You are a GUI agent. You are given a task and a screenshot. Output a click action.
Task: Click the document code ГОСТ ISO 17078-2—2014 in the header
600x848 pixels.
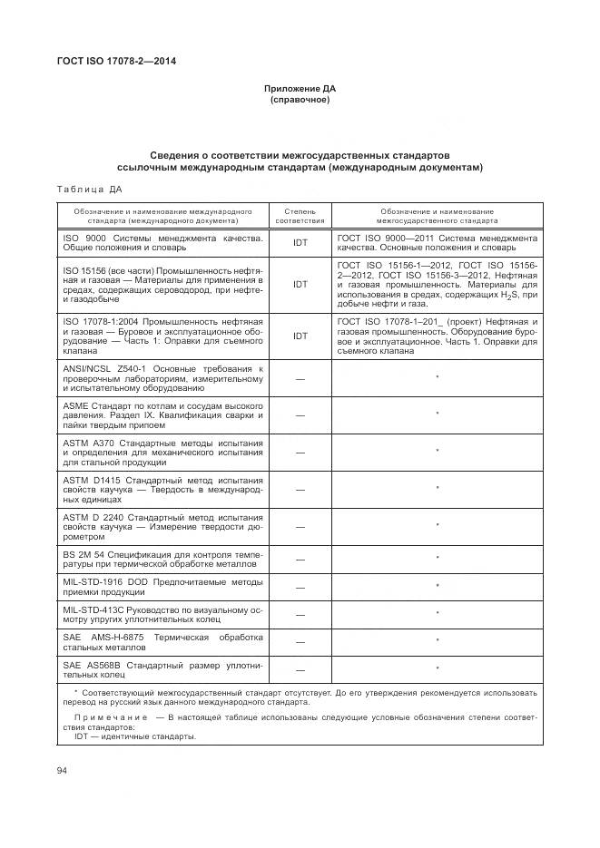tap(115, 61)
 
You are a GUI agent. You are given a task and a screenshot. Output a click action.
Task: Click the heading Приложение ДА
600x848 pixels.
tap(300, 89)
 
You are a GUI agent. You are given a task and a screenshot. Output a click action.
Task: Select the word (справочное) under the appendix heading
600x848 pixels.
tap(300, 99)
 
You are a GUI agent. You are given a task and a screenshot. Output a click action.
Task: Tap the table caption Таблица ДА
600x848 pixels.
tap(89, 190)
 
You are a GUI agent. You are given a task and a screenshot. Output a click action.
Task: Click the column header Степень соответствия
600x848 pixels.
tap(300, 215)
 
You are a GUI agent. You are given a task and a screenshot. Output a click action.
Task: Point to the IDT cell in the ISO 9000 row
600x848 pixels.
tap(300, 243)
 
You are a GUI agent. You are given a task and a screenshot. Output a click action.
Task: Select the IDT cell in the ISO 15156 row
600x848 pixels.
tap(300, 284)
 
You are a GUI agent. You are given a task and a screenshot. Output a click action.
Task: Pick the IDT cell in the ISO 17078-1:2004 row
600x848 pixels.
tap(300, 336)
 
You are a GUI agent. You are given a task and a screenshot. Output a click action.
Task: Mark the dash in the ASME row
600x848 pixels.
tap(300, 414)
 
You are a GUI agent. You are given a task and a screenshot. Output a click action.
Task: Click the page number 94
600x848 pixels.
tap(63, 770)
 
